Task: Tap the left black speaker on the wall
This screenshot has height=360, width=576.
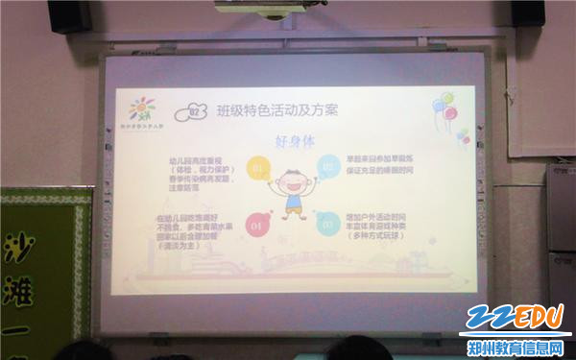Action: (68, 14)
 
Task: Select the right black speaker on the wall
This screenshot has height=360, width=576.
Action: (528, 12)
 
